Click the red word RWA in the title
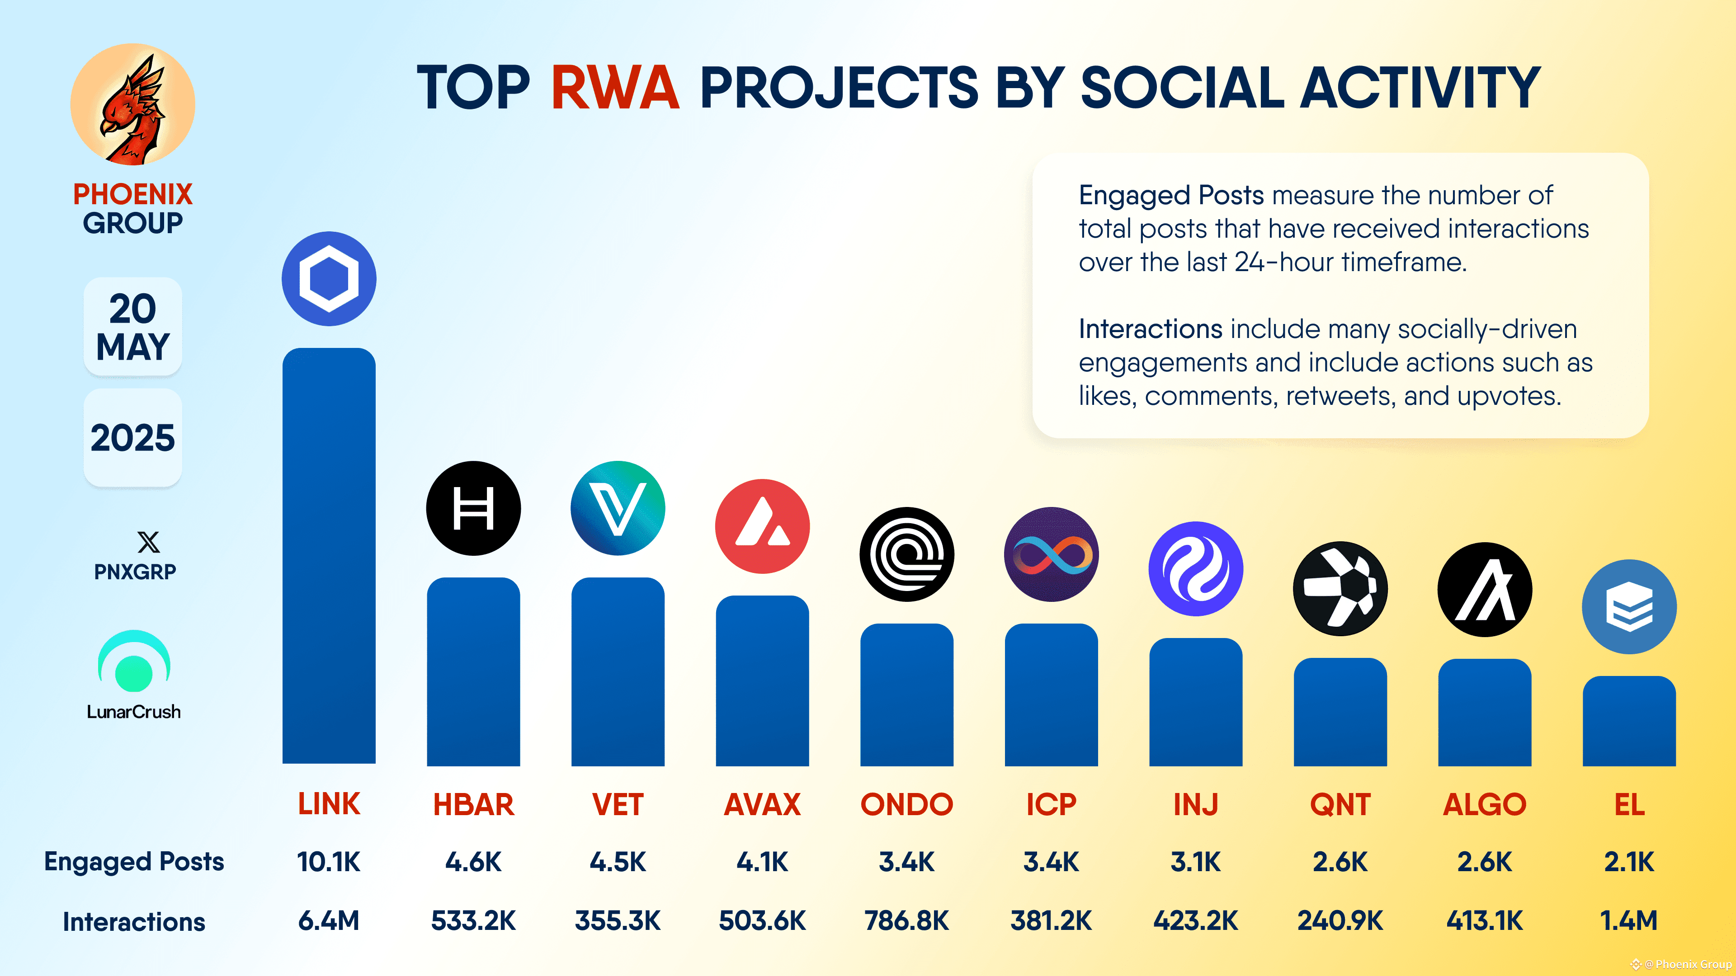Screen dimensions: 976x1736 (615, 88)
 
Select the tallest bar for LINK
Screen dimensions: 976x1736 (329, 556)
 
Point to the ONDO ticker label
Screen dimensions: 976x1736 (906, 804)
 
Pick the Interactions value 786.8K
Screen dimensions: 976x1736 (906, 921)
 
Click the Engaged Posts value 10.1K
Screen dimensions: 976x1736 (329, 862)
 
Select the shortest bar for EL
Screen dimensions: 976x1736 (1629, 721)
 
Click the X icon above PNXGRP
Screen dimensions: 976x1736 (148, 542)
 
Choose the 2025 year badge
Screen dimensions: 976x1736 (133, 438)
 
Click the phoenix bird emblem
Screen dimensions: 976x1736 (133, 104)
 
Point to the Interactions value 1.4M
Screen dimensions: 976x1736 (1629, 921)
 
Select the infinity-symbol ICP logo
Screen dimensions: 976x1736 (1051, 554)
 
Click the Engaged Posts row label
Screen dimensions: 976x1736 (134, 862)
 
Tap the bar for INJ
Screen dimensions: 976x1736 (1195, 702)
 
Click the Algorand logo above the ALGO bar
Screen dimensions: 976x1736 (1485, 589)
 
